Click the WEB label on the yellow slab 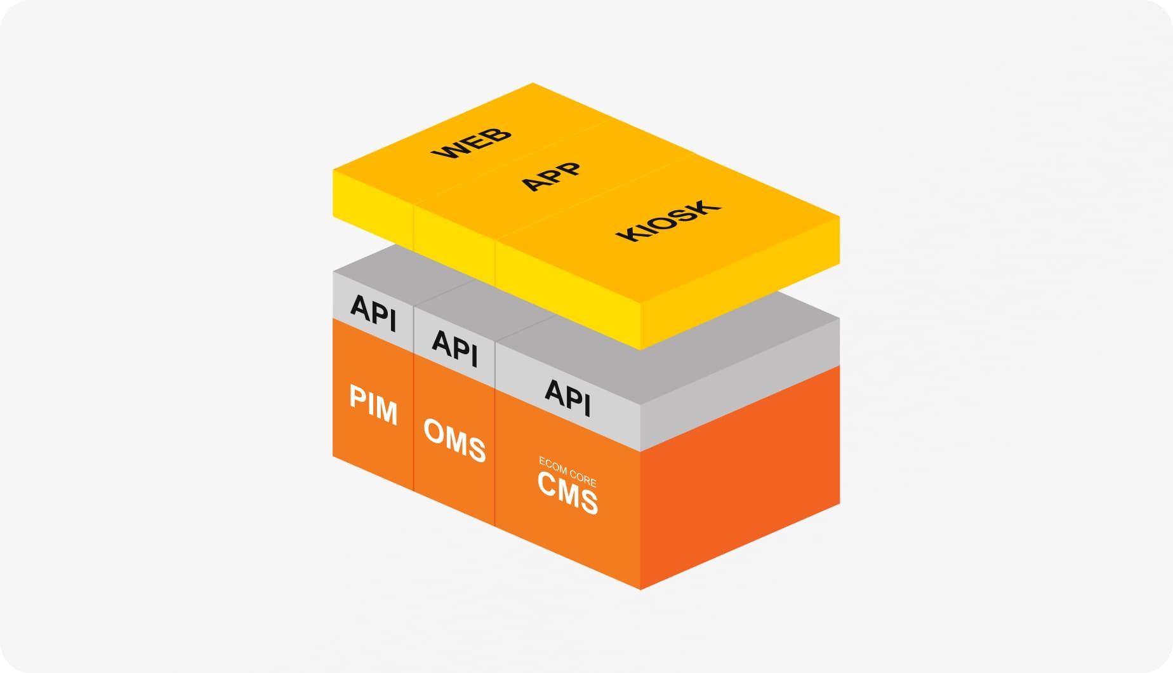471,143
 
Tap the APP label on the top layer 551,176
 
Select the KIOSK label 668,221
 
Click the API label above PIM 373,312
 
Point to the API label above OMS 454,349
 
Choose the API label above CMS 567,397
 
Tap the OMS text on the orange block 454,440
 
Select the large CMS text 567,493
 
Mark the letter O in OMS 434,431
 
